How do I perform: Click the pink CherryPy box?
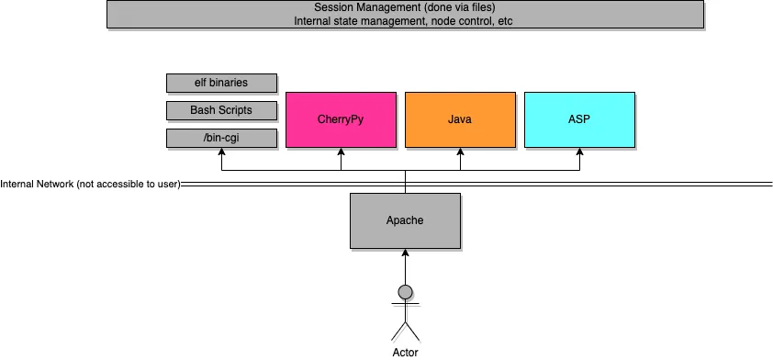coord(341,119)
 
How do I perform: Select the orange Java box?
coord(460,119)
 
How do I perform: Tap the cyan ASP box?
coord(579,119)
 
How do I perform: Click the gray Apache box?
coord(404,221)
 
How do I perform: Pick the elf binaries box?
coord(220,83)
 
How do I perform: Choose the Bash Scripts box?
coord(220,110)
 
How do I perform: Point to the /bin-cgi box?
coord(220,138)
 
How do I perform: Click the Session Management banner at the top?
coord(404,14)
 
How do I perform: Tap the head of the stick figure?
coord(404,293)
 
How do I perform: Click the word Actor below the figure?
coord(404,351)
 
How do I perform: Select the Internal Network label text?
coord(90,185)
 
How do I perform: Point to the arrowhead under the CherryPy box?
coord(341,152)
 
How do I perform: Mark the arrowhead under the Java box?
coord(460,152)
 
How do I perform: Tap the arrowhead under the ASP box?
coord(579,152)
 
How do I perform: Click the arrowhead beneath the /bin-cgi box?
coord(220,152)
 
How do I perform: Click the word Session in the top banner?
coord(334,7)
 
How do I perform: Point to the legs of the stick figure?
coord(404,331)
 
